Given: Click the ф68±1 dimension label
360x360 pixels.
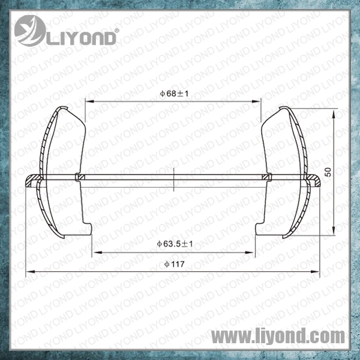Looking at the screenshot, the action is click(174, 94).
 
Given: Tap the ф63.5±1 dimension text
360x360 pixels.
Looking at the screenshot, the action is click(175, 244).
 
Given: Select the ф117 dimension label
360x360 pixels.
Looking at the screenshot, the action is click(175, 264).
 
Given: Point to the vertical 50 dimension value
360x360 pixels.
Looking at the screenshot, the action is click(329, 172).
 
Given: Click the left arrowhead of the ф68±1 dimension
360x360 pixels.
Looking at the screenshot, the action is click(89, 101).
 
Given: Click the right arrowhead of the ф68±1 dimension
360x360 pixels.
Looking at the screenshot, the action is click(256, 101).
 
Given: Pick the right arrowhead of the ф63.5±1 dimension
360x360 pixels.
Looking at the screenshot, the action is click(250, 253).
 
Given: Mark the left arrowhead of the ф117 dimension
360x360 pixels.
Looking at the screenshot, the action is click(31, 272).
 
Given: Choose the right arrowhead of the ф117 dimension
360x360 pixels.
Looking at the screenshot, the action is click(315, 272).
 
